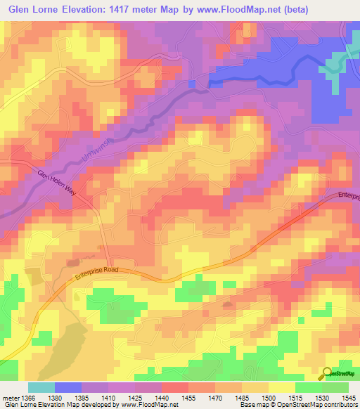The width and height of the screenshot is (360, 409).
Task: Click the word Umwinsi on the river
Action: coord(96,149)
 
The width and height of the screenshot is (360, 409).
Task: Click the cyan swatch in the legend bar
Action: coord(41,387)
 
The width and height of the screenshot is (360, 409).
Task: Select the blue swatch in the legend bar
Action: coord(67,387)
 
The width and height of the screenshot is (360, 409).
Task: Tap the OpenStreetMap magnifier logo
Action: coord(326,373)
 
